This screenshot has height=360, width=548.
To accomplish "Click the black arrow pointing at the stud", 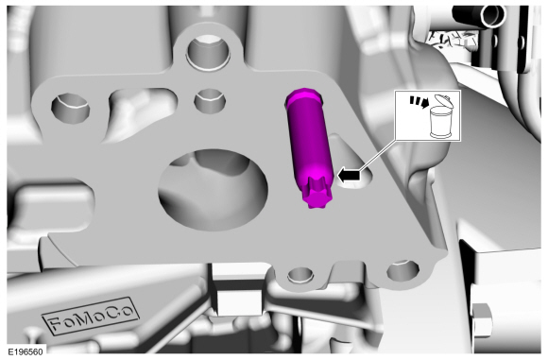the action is click(x=349, y=175).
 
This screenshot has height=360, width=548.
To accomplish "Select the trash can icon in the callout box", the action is click(x=441, y=117).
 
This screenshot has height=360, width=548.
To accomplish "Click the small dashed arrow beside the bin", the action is click(x=420, y=102).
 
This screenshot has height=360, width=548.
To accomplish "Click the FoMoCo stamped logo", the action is click(x=92, y=316).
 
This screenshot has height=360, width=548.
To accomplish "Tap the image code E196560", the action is click(x=26, y=351).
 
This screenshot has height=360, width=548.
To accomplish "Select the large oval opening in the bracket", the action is click(x=214, y=190).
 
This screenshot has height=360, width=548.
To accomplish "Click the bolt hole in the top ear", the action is click(x=209, y=51).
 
